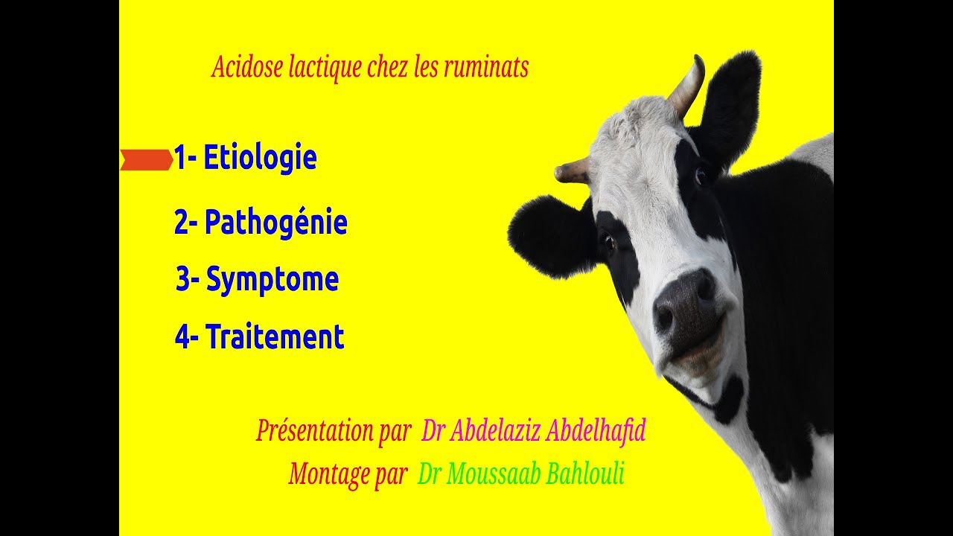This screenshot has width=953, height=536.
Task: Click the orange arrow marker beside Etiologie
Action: [x=146, y=159]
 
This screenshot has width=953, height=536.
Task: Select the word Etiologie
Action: [x=260, y=158]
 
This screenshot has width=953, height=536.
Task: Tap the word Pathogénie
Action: [x=275, y=223]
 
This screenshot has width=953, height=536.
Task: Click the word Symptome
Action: [x=272, y=280]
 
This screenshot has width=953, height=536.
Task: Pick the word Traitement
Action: [x=275, y=337]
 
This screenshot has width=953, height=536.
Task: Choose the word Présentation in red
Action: [x=333, y=430]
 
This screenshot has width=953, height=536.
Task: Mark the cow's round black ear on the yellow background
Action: [x=547, y=234]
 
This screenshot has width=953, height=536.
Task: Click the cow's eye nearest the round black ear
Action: [x=609, y=242]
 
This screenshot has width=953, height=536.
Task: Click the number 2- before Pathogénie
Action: [x=185, y=223]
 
